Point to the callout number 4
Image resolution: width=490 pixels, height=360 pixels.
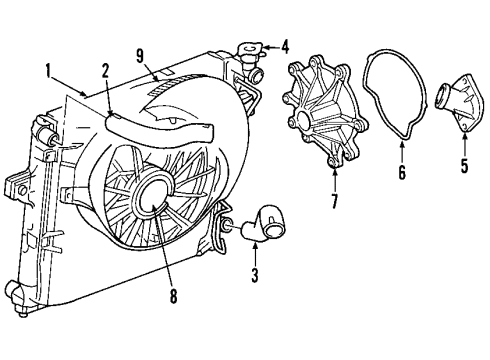tap(284, 45)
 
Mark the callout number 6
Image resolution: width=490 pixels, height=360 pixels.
tap(401, 173)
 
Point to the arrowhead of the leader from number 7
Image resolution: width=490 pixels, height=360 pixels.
tap(334, 163)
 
